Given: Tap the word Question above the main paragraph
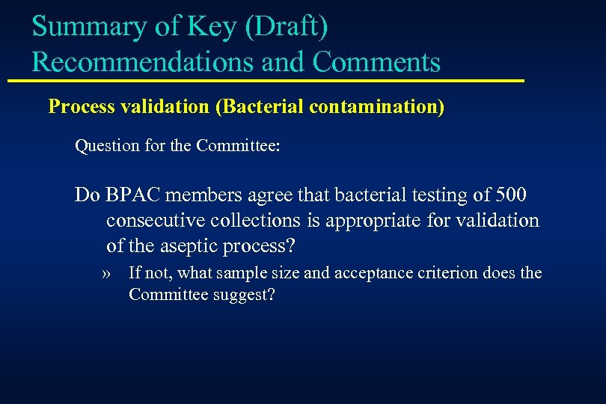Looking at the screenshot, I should pos(105,146).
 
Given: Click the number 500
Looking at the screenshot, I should pos(510,196).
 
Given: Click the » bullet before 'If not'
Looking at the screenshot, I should pos(108,273).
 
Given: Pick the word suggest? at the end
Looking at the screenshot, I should pos(248,296).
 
